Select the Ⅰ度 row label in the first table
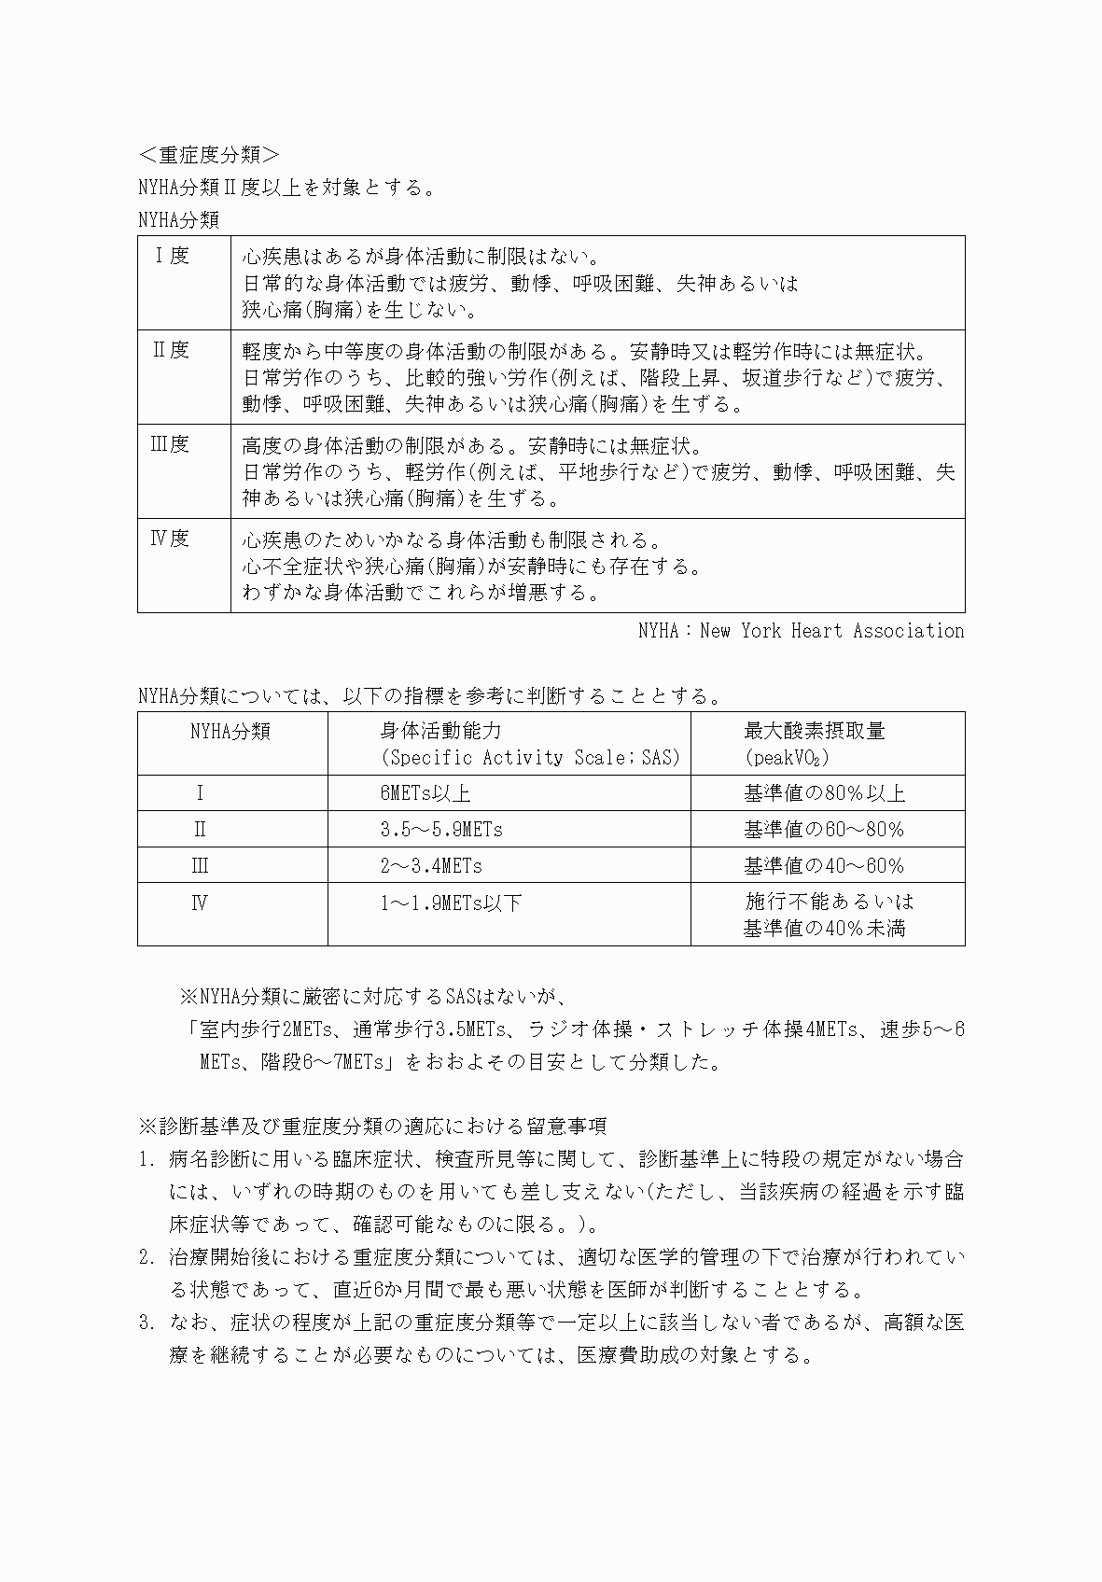[172, 256]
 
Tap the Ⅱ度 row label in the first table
[172, 350]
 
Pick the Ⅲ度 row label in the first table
[171, 444]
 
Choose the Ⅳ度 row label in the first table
[171, 539]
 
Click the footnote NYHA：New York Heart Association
[801, 631]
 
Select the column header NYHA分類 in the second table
[230, 732]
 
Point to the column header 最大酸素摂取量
[814, 731]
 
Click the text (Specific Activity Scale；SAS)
[530, 758]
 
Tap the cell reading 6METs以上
[425, 793]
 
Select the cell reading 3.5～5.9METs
[441, 830]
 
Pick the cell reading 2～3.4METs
[431, 866]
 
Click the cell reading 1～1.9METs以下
[451, 903]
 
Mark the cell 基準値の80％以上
[824, 793]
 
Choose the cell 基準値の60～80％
[824, 830]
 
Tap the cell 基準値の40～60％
[824, 866]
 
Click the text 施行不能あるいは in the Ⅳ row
[829, 902]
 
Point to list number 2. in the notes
[146, 1258]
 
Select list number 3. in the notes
[146, 1323]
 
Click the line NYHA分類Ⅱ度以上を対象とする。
[286, 188]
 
